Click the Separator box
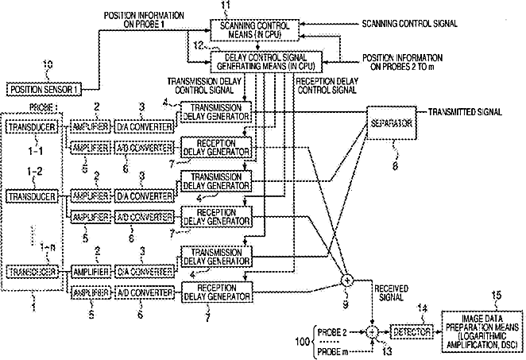tap(389, 124)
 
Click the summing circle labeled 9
tap(347, 281)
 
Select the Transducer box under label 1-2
tap(29, 195)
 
